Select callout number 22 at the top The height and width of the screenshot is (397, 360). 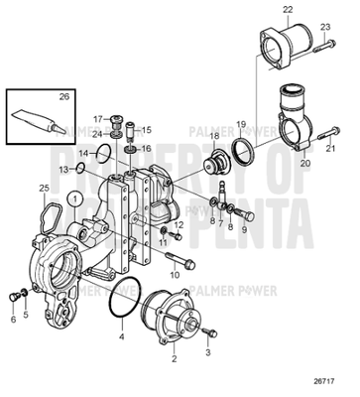click(x=288, y=9)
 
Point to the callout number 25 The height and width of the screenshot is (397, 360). click(x=44, y=189)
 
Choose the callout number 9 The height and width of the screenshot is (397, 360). click(x=244, y=228)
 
